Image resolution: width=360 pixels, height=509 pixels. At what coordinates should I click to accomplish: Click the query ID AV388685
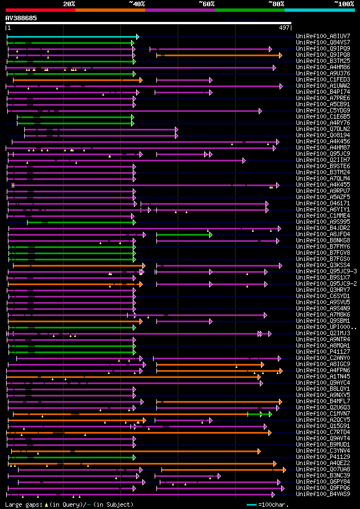[x=21, y=18]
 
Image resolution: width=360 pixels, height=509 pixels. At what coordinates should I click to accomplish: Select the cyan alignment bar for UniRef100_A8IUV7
[x=72, y=37]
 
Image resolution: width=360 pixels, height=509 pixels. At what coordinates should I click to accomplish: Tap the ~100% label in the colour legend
[x=344, y=3]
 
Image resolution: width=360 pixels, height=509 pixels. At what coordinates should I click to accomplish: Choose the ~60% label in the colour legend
[x=206, y=3]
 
